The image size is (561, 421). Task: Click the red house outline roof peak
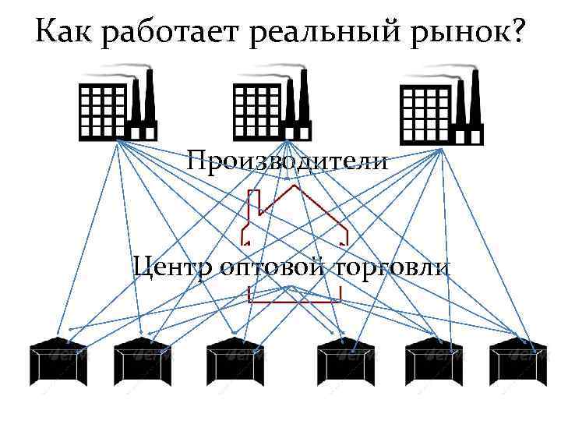point(293,188)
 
